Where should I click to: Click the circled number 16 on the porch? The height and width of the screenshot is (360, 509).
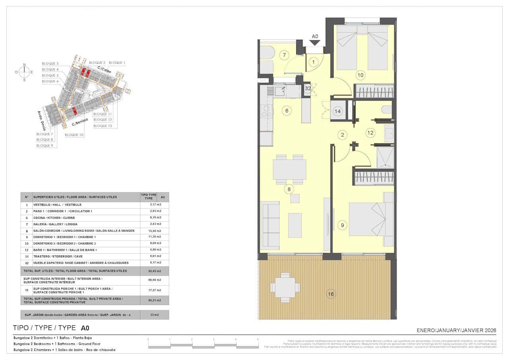[x=331, y=294]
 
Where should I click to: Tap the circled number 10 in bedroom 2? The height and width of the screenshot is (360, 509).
[x=360, y=74]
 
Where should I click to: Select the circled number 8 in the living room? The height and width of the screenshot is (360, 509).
[x=289, y=189]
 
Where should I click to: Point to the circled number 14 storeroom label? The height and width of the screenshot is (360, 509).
[x=338, y=111]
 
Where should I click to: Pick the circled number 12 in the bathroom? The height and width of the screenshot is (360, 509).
[x=370, y=132]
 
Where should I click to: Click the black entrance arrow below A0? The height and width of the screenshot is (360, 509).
[x=315, y=43]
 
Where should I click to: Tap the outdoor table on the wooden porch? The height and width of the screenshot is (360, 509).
[x=285, y=286]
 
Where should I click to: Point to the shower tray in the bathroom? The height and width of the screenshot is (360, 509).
[x=385, y=158]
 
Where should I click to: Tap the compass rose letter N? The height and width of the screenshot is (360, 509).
[x=25, y=64]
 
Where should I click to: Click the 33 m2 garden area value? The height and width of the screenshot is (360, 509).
[x=154, y=315]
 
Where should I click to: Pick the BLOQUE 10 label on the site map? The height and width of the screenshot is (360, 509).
[x=74, y=135]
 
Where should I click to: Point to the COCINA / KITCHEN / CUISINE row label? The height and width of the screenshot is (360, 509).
[x=54, y=218]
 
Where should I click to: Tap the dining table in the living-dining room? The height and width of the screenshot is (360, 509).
[x=289, y=169]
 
